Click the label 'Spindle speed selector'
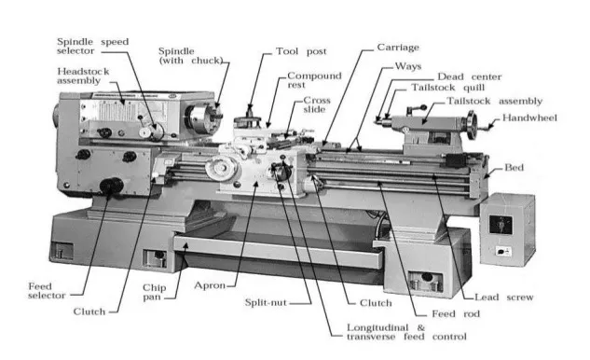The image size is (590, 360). (93, 48)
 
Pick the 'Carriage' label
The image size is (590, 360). (399, 46)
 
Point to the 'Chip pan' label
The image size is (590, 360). (154, 294)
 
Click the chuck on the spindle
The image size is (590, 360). (199, 119)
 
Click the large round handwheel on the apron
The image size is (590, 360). (221, 172)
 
